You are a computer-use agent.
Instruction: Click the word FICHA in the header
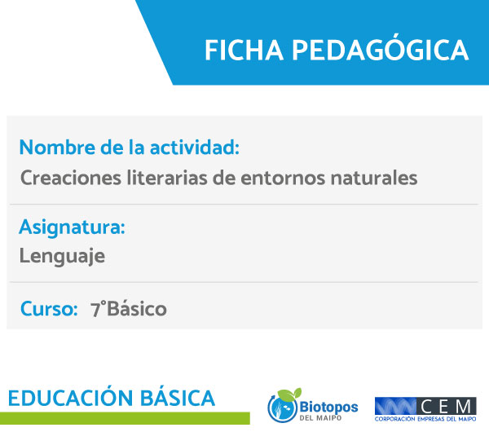[x=244, y=51]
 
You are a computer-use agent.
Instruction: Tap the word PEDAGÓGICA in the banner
[x=380, y=48]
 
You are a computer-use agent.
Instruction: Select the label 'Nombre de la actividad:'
[x=130, y=147]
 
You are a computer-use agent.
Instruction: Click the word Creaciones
[x=70, y=178]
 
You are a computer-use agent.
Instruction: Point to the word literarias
[x=167, y=178]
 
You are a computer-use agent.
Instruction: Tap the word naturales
[x=374, y=178]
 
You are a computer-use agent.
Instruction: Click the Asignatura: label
[x=72, y=227]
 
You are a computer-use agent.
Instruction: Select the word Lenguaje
[x=62, y=257]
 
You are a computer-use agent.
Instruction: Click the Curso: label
[x=49, y=309]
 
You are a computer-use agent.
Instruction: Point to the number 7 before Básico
[x=95, y=310]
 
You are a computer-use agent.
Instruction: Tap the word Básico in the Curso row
[x=137, y=309]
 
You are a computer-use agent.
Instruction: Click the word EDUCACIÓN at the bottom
[x=71, y=398]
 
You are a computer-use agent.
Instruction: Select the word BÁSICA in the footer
[x=178, y=398]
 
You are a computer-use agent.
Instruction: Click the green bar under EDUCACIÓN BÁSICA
[x=125, y=418]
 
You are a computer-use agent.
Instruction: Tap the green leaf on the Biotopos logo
[x=289, y=395]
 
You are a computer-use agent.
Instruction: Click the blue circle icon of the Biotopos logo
[x=282, y=408]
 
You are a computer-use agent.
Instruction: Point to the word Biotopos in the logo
[x=328, y=407]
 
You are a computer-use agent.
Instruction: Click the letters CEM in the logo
[x=446, y=407]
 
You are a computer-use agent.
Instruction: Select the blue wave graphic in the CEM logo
[x=395, y=407]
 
